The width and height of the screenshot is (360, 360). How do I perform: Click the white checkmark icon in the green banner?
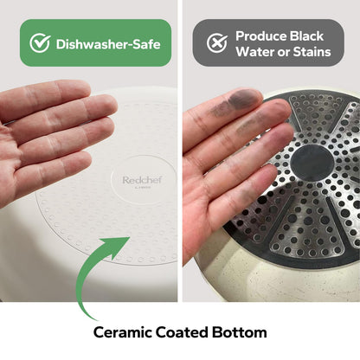40,43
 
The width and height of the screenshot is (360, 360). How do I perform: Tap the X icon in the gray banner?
217,43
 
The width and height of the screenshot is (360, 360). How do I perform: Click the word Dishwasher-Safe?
108,44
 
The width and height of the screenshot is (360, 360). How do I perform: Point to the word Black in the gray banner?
306,36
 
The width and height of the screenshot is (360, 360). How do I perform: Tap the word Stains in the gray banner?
312,52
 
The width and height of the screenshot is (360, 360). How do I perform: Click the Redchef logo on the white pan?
142,181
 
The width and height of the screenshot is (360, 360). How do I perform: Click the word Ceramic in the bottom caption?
122,332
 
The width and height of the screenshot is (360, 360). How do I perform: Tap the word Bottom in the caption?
239,332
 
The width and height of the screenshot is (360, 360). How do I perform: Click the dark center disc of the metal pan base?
312,164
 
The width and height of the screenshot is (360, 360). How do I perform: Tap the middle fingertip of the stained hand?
277,111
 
